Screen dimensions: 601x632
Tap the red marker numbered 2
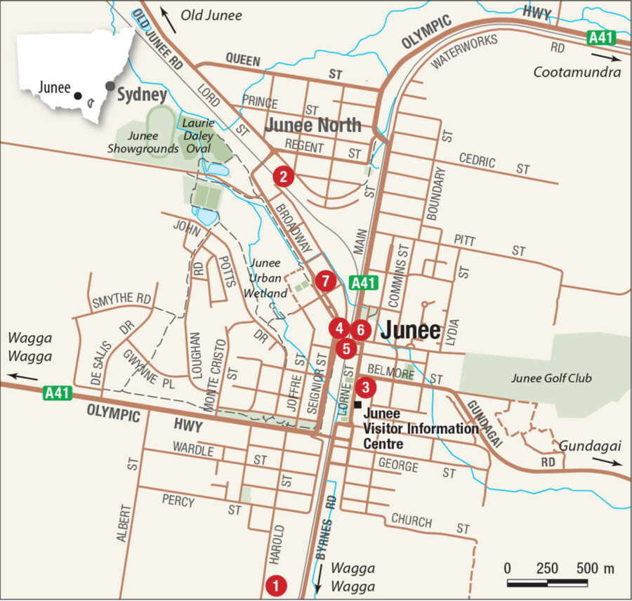coord(283,176)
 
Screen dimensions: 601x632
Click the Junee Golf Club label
coord(551,378)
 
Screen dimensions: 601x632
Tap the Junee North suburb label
coord(313,126)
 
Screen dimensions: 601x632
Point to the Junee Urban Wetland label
coord(267,278)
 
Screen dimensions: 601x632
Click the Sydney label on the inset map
coord(142,94)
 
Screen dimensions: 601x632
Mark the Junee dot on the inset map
coord(78,95)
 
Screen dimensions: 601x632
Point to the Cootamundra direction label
coord(577,72)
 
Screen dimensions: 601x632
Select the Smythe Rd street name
coord(121,300)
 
